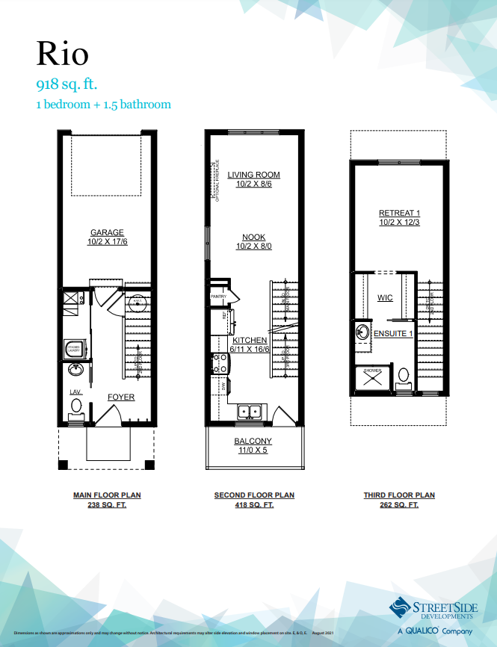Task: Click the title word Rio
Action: (63, 53)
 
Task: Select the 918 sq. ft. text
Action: (67, 83)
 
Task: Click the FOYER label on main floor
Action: (121, 397)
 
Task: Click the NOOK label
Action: (253, 237)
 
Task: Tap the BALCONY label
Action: (253, 441)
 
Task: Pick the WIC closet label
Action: (385, 297)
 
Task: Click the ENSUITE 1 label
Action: (393, 333)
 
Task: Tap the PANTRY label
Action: (218, 297)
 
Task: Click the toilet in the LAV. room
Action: (75, 406)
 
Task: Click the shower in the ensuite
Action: (372, 380)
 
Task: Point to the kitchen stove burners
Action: (221, 363)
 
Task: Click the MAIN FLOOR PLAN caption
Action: (106, 495)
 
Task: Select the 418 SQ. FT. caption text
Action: (254, 505)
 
